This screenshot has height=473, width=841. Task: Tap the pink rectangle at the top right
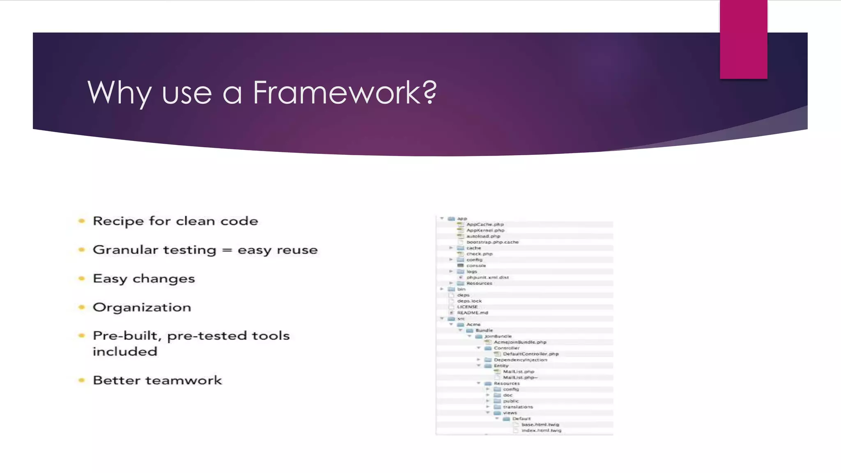pyautogui.click(x=743, y=39)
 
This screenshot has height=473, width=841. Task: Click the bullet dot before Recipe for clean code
pyautogui.click(x=82, y=221)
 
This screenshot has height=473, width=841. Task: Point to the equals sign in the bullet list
pyautogui.click(x=227, y=250)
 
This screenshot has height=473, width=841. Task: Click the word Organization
pyautogui.click(x=142, y=308)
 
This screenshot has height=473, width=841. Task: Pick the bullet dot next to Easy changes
pyautogui.click(x=82, y=279)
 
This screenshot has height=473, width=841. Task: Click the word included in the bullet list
pyautogui.click(x=125, y=352)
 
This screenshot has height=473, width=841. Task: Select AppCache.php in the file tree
pyautogui.click(x=485, y=225)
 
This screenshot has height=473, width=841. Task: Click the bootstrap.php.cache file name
pyautogui.click(x=492, y=242)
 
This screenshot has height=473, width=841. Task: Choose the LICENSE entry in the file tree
pyautogui.click(x=467, y=307)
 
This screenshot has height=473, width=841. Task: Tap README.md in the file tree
pyautogui.click(x=473, y=313)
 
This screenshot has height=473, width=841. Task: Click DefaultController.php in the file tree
pyautogui.click(x=531, y=354)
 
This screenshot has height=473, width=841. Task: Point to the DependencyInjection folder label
pyautogui.click(x=520, y=360)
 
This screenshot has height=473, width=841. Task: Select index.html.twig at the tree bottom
pyautogui.click(x=541, y=431)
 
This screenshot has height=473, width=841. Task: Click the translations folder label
pyautogui.click(x=518, y=407)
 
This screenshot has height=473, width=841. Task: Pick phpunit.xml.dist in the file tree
pyautogui.click(x=487, y=278)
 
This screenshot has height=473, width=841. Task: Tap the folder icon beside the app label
pyautogui.click(x=451, y=219)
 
